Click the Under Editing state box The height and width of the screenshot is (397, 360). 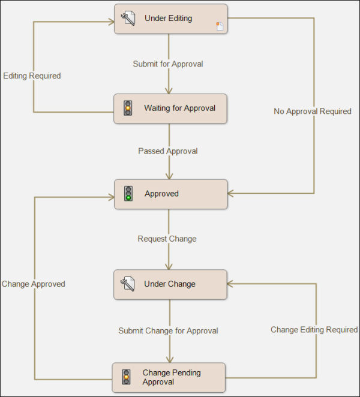click(x=171, y=19)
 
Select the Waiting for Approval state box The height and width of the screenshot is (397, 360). click(x=171, y=109)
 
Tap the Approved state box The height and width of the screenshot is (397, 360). click(x=171, y=194)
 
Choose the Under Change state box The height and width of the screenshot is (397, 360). click(x=171, y=284)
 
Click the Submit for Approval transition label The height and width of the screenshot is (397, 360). click(x=168, y=64)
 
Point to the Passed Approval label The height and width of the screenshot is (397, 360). click(x=168, y=151)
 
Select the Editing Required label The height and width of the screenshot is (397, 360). click(x=32, y=76)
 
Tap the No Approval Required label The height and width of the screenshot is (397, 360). click(x=313, y=111)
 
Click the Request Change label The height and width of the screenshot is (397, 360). click(x=167, y=239)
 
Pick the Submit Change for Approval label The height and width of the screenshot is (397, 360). click(x=168, y=330)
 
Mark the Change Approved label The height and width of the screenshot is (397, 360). click(x=33, y=284)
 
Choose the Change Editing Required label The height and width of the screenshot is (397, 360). click(x=314, y=330)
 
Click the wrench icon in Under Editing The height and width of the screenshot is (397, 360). click(x=128, y=19)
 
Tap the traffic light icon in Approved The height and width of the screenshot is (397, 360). click(x=128, y=194)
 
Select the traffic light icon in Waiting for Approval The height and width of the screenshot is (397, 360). click(x=127, y=108)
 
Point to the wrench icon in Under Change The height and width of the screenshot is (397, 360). click(x=127, y=284)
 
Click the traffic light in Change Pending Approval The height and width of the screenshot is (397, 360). click(x=126, y=377)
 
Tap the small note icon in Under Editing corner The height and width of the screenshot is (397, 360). click(x=220, y=26)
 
